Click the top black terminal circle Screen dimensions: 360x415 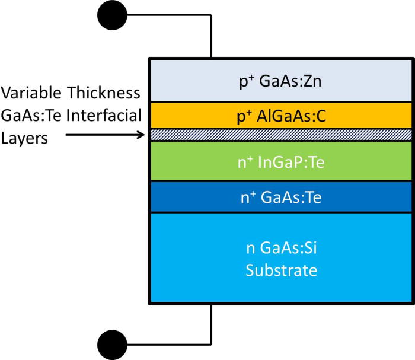coord(111,16)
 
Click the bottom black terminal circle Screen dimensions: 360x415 coord(111,344)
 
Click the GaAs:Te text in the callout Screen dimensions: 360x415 coord(34,115)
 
